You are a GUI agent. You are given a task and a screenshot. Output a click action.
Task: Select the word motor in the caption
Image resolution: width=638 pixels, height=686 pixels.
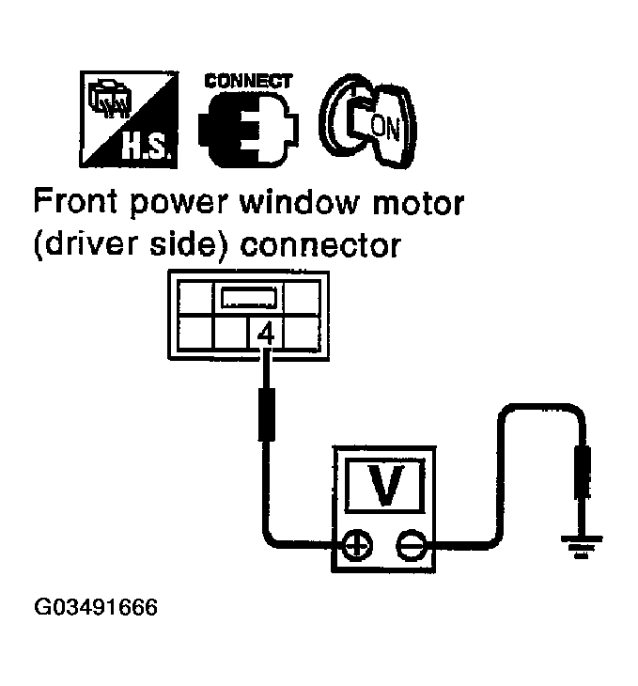coord(420,201)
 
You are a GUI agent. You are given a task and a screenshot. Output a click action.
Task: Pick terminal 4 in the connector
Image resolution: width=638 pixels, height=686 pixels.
coord(267,334)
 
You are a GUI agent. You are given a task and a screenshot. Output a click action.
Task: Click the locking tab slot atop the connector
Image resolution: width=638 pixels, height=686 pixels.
coord(248,299)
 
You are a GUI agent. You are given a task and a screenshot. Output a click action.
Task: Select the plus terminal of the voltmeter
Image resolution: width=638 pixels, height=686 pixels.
coord(358,545)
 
